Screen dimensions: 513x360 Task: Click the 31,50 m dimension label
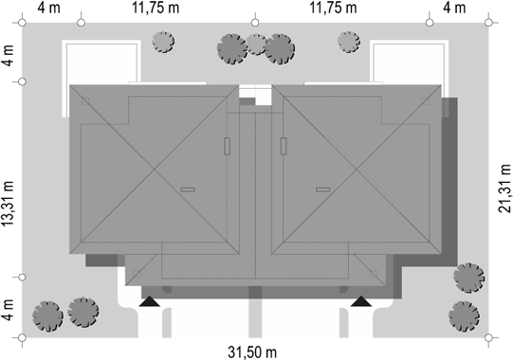click(x=252, y=352)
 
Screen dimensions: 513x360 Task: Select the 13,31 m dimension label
click(x=8, y=203)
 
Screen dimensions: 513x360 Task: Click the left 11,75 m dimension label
click(x=156, y=8)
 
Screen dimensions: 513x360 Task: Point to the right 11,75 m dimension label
click(x=333, y=8)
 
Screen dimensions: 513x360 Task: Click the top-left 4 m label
click(x=48, y=8)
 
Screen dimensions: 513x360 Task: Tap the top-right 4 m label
click(x=454, y=8)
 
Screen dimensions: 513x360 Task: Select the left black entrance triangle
click(x=150, y=301)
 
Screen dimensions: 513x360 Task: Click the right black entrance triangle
click(x=361, y=301)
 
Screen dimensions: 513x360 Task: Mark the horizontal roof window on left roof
click(x=188, y=189)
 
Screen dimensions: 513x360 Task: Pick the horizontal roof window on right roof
click(x=323, y=189)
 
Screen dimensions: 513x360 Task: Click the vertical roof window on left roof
click(x=227, y=146)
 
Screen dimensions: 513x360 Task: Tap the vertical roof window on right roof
click(x=284, y=146)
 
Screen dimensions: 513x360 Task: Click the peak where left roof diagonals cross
click(x=155, y=170)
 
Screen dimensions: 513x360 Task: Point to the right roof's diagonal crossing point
click(x=357, y=170)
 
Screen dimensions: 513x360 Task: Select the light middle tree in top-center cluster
click(x=256, y=45)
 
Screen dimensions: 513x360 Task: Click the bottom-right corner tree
click(x=465, y=316)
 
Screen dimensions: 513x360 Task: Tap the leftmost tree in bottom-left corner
click(x=47, y=316)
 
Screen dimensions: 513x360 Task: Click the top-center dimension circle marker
click(x=255, y=23)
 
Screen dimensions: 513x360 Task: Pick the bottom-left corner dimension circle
click(x=22, y=338)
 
